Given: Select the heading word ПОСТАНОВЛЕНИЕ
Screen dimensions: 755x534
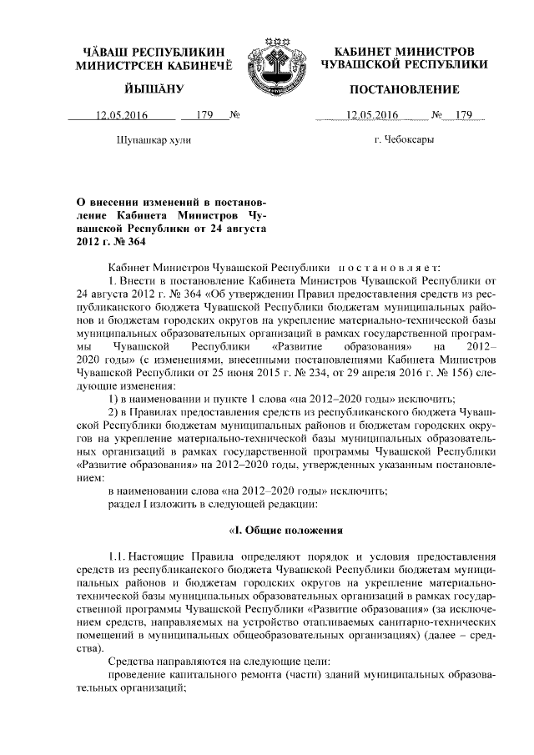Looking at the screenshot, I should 404,89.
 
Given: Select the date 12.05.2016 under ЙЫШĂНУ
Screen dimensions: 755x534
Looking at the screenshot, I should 120,115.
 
